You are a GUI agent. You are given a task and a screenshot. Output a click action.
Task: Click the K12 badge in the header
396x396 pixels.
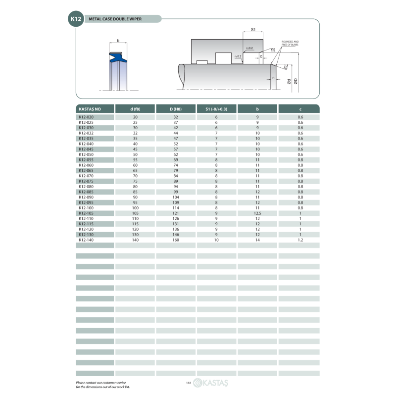tap(76, 19)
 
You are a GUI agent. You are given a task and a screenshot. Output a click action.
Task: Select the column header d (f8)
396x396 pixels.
tap(135, 108)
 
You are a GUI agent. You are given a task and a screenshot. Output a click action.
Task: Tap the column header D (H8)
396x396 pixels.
tap(176, 108)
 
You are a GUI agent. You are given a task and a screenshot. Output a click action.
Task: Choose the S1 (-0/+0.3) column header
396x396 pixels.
tap(216, 108)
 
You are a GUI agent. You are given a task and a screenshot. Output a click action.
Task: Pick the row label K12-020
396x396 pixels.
tap(86, 117)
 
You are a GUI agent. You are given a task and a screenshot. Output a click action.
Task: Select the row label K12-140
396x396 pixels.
tap(86, 240)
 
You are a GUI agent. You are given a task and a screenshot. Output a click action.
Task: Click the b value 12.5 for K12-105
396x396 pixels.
tap(257, 213)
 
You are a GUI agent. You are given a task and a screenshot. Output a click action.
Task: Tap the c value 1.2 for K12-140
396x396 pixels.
tap(300, 240)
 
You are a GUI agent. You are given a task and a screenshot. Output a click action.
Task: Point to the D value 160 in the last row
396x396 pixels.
tap(176, 240)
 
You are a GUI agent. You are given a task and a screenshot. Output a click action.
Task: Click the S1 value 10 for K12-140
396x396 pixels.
tap(216, 240)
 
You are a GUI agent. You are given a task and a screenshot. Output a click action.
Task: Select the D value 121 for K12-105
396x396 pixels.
tap(176, 213)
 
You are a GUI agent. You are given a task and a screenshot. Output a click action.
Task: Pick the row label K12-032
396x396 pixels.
tap(86, 133)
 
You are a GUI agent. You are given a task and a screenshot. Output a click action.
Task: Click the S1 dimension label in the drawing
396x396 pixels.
tap(252, 30)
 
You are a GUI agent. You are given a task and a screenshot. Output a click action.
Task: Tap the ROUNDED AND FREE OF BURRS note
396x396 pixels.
tap(290, 43)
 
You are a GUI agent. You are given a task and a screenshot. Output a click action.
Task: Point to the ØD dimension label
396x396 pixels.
tap(296, 81)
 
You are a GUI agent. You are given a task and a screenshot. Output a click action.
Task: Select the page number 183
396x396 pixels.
tap(189, 383)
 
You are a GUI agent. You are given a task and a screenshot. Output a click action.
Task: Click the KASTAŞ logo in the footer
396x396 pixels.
tap(211, 383)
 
